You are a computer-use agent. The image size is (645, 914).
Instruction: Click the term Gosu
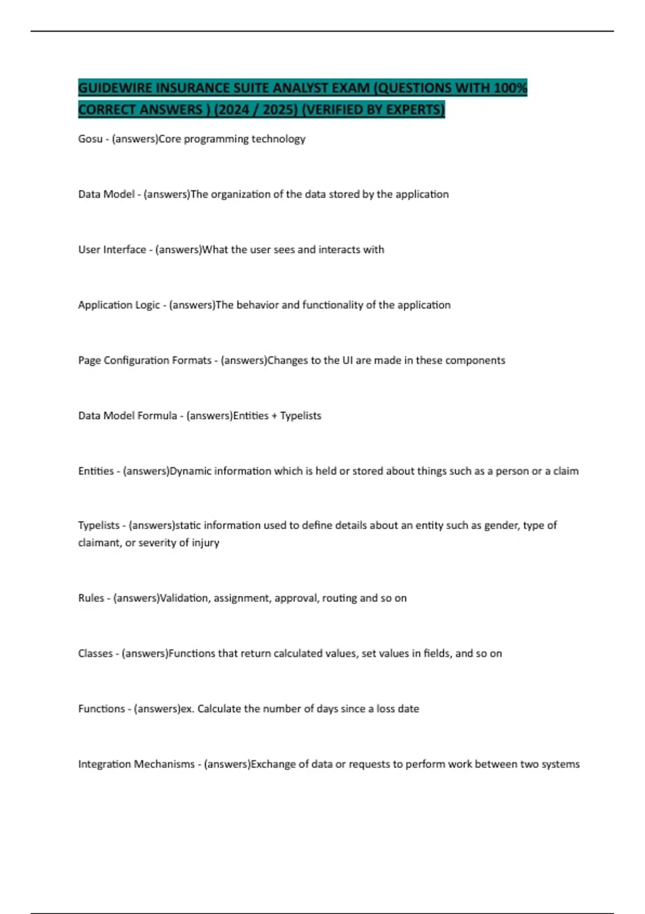click(x=90, y=139)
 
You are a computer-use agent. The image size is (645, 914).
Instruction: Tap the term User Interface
click(x=112, y=249)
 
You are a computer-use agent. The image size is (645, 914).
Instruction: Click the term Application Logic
click(x=119, y=305)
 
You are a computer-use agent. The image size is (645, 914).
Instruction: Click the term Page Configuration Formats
click(x=145, y=360)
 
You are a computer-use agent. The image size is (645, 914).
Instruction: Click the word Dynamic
click(x=191, y=471)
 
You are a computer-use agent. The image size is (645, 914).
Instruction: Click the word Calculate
click(x=219, y=709)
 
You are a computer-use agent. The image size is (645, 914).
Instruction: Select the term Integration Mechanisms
click(x=137, y=764)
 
